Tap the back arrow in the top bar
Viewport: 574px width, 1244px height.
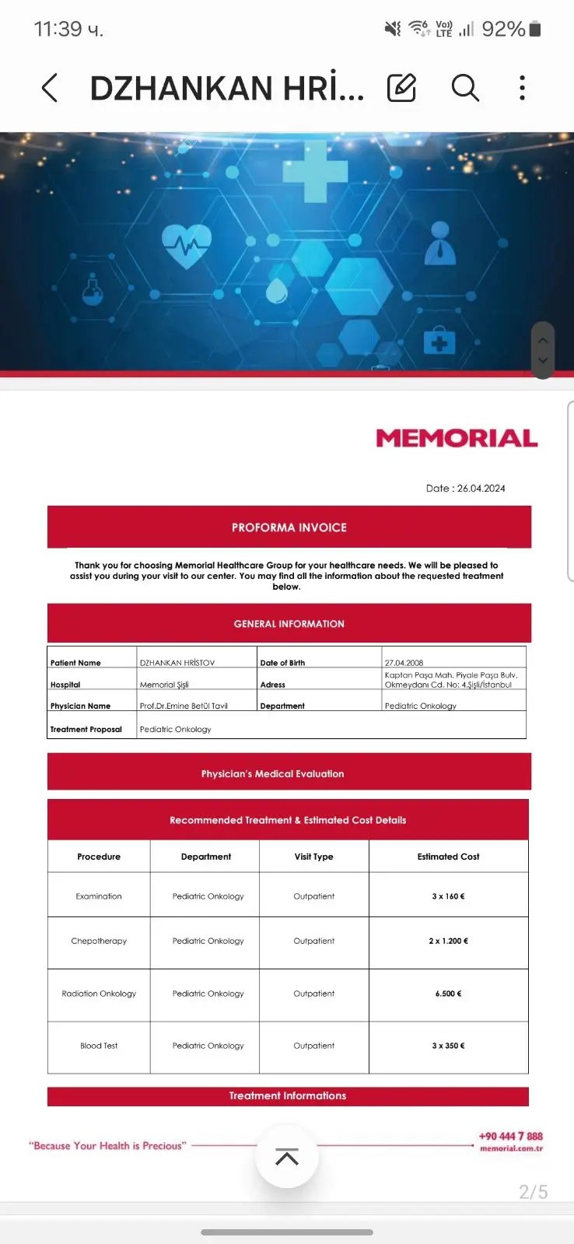pyautogui.click(x=50, y=88)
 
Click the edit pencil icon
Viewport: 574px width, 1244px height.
pyautogui.click(x=401, y=88)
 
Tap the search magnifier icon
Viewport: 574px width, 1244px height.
pyautogui.click(x=465, y=88)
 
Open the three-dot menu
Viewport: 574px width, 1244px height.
pyautogui.click(x=522, y=88)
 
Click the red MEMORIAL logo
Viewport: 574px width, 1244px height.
pyautogui.click(x=457, y=438)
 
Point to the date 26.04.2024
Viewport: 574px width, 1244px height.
pyautogui.click(x=481, y=489)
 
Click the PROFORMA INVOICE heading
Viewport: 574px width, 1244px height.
pyautogui.click(x=289, y=527)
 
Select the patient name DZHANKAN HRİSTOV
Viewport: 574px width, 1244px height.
pyautogui.click(x=177, y=663)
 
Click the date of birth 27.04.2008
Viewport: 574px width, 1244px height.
pyautogui.click(x=404, y=663)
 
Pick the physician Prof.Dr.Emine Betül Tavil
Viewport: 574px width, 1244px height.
pyautogui.click(x=184, y=706)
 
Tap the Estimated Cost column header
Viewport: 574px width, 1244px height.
pyautogui.click(x=448, y=857)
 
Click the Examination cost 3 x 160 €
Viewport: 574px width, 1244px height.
pyautogui.click(x=448, y=896)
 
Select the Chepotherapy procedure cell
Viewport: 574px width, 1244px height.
pyautogui.click(x=99, y=941)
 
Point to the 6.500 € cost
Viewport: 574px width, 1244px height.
pyautogui.click(x=448, y=993)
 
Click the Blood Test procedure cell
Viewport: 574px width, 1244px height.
pyautogui.click(x=99, y=1046)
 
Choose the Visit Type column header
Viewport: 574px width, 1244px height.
pyautogui.click(x=313, y=857)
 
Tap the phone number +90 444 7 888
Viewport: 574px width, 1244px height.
pyautogui.click(x=510, y=1136)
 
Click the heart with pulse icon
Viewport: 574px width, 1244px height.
pyautogui.click(x=187, y=246)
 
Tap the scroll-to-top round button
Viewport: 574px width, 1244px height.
pyautogui.click(x=287, y=1157)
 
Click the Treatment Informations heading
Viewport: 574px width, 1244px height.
pyautogui.click(x=288, y=1095)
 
